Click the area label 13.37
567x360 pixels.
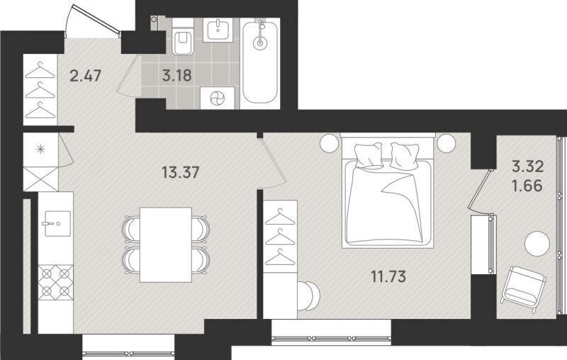pos(181,172)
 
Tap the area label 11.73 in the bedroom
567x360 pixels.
pos(388,277)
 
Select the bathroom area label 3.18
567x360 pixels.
pos(176,76)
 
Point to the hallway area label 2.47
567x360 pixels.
pos(85,77)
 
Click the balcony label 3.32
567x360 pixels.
pos(527,167)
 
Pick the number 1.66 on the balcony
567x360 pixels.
pos(527,186)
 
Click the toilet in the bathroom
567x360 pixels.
pos(183,38)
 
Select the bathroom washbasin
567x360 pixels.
pos(218,30)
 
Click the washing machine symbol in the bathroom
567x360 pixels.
pos(218,98)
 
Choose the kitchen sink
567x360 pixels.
pos(58,224)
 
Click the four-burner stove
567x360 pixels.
pos(56,282)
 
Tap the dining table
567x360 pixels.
pos(166,244)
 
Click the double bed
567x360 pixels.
pos(388,191)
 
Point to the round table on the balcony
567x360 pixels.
pos(537,244)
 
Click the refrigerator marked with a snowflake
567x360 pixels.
pos(41,150)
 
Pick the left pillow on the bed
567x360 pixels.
pos(369,155)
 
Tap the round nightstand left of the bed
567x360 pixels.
pos(329,143)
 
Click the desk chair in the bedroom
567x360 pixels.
pos(309,296)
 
